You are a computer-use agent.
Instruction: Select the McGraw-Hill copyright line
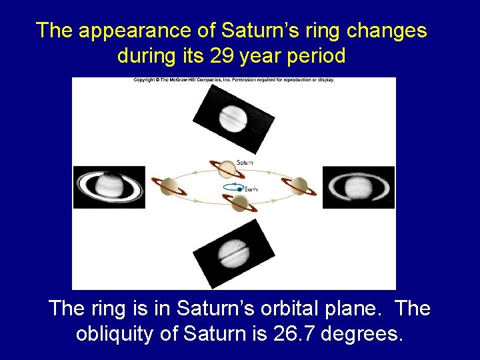pyautogui.click(x=234, y=80)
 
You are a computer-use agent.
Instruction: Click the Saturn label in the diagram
pyautogui.click(x=245, y=162)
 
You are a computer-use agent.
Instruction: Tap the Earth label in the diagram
pyautogui.click(x=251, y=189)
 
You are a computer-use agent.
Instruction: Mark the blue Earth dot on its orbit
pyautogui.click(x=239, y=189)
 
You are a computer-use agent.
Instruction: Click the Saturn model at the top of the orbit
pyautogui.click(x=227, y=167)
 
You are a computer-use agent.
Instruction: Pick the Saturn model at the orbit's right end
pyautogui.click(x=299, y=186)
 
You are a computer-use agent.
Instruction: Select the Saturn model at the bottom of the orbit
pyautogui.click(x=240, y=203)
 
